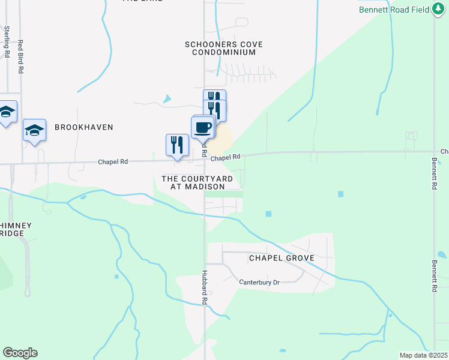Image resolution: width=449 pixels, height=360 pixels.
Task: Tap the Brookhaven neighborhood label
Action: coord(83,127)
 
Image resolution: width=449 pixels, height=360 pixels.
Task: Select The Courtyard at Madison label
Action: coord(193,182)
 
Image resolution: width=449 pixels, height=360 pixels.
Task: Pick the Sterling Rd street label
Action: coord(7,41)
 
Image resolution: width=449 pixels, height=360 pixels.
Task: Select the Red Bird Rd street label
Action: coord(20,56)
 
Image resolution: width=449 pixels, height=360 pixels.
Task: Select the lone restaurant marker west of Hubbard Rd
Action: coord(177,145)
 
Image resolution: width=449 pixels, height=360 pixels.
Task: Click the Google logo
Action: coord(20,353)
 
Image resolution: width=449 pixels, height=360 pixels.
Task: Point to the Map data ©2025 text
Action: coord(423,355)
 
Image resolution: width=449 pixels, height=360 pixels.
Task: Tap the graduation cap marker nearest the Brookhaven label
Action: coord(34,130)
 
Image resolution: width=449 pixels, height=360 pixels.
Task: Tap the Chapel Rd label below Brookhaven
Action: coord(113,161)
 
